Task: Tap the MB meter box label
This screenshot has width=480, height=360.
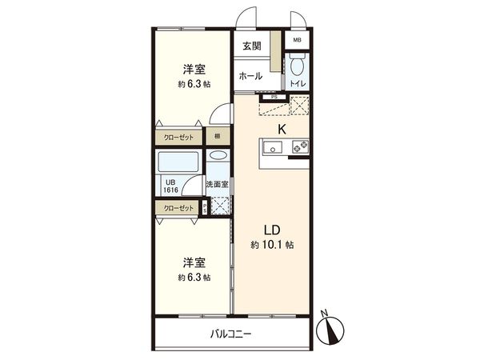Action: [298, 39]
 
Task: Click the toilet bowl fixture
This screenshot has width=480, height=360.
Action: [296, 64]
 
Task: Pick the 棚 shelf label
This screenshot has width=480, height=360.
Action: [217, 137]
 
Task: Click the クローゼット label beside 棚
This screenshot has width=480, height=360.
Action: [178, 137]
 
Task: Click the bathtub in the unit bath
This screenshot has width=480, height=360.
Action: [179, 163]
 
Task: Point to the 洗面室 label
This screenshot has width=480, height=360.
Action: [217, 185]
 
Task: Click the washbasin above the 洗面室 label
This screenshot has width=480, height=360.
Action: [218, 158]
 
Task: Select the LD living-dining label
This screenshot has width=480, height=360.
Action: [272, 229]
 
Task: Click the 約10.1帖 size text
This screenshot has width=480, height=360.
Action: [272, 245]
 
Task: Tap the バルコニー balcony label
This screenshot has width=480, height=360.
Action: [231, 334]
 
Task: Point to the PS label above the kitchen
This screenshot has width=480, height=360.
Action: [274, 98]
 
